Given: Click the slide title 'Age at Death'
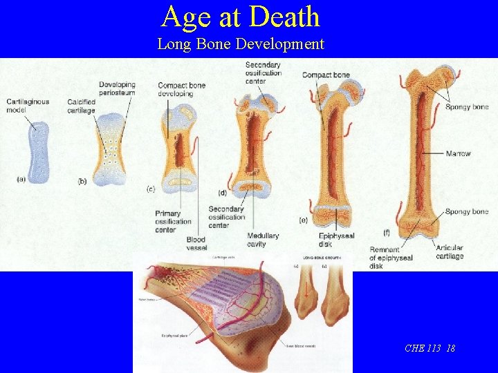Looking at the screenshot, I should [241, 17].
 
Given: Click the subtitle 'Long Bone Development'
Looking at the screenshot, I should [240, 44].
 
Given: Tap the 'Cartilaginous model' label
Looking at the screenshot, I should [28, 106].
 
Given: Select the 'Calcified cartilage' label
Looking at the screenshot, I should [81, 106].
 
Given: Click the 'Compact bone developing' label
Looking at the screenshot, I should [181, 89].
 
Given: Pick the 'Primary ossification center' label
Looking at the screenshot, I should [173, 222].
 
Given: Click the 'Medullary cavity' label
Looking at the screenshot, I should [263, 240].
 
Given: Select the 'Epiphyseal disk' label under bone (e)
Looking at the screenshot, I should [337, 240].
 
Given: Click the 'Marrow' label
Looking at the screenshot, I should [459, 153].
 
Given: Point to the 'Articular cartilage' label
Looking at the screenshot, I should [450, 252].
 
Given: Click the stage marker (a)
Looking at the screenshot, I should [21, 179].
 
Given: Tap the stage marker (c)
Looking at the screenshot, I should [151, 188].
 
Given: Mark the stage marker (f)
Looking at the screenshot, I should [386, 232].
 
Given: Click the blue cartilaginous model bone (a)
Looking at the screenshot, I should [39, 152].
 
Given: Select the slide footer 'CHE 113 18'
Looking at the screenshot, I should [430, 348].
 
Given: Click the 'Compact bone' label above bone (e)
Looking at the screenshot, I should [326, 75].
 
